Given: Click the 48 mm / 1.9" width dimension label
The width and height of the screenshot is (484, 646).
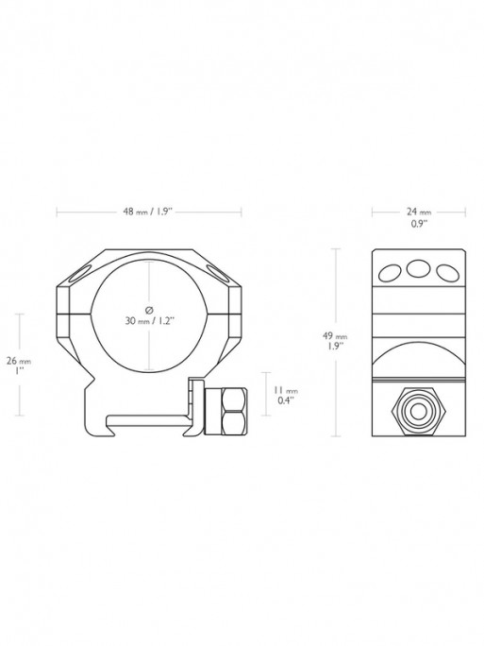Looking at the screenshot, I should [148, 212].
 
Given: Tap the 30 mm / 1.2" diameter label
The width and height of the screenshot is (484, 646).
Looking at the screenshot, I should [149, 319].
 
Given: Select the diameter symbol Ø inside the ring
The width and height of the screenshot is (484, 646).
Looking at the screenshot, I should [149, 308].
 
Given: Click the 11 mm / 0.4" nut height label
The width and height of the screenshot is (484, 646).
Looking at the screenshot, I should [284, 394].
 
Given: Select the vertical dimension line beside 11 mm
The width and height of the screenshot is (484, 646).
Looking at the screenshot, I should [262, 394].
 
